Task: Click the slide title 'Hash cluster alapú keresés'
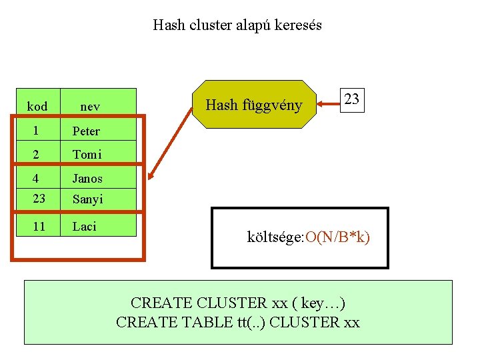coord(237,25)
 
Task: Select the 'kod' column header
coord(37,107)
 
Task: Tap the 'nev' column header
coord(90,107)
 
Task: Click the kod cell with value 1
coord(37,131)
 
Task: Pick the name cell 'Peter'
coord(87,131)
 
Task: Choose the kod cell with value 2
coord(37,155)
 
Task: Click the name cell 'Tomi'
coord(87,155)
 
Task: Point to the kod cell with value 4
coord(37,178)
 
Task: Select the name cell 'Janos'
coord(88,179)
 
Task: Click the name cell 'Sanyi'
coord(88,199)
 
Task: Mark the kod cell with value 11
coord(39,227)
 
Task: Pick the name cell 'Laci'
coord(85,227)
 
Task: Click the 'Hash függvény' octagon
coord(253,105)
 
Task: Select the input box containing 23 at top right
coord(352,99)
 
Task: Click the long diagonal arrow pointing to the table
coord(171,141)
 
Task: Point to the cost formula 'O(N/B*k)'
coord(337,237)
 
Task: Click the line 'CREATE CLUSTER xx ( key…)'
coord(237,303)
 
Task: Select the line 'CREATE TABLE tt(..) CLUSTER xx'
coord(237,323)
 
